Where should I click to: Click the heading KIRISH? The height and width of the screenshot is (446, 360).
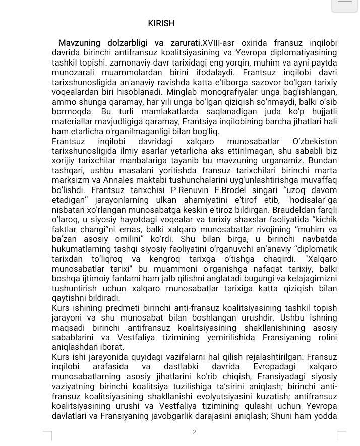click(161, 23)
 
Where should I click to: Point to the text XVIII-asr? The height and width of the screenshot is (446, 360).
click(219, 43)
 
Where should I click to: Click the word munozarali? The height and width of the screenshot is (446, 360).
click(75, 73)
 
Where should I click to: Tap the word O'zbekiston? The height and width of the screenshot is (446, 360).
click(315, 142)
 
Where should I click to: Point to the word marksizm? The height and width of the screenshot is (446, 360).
click(69, 180)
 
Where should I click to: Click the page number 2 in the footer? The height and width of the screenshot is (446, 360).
click(194, 432)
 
